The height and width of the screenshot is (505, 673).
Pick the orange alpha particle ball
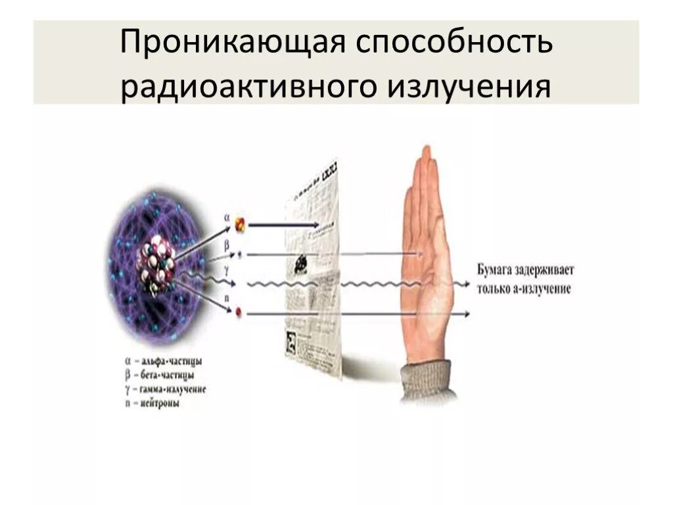[241, 224]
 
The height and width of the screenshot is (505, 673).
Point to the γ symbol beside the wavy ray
[227, 270]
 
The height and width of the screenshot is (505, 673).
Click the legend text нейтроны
[160, 403]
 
